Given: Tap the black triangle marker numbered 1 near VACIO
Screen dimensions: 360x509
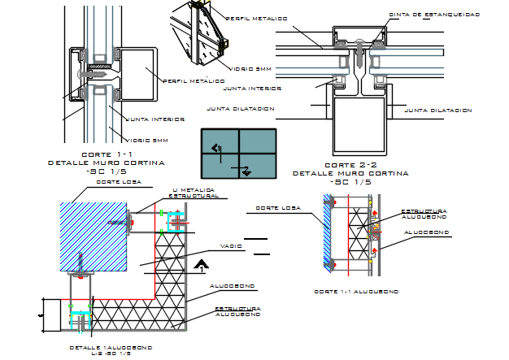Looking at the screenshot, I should [x=201, y=263].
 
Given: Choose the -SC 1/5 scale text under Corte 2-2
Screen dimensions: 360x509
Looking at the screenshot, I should [x=351, y=182].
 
